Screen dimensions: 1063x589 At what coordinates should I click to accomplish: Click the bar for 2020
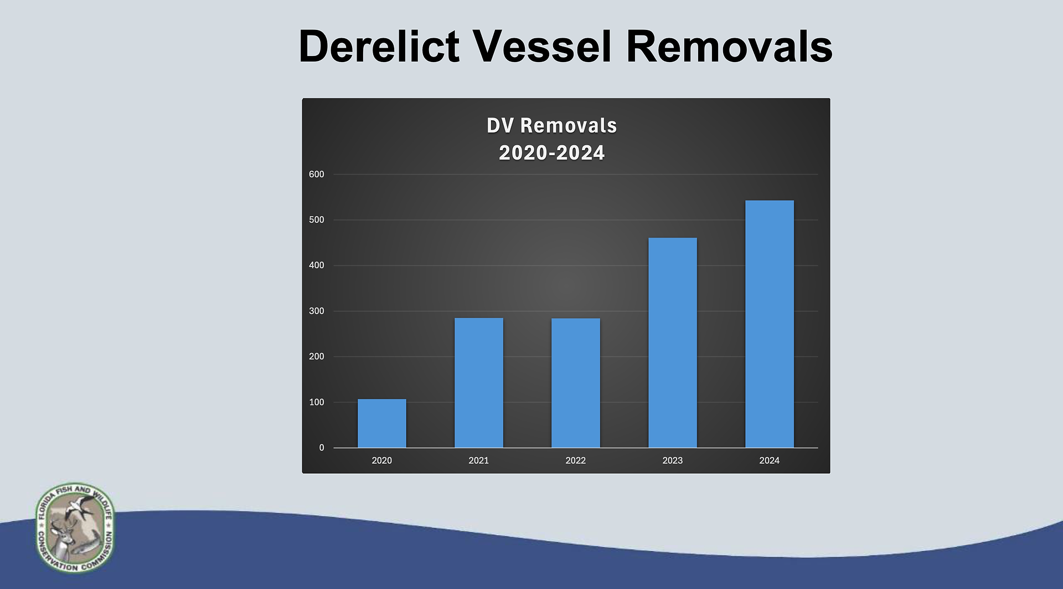pyautogui.click(x=382, y=423)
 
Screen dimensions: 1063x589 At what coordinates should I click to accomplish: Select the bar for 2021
pyautogui.click(x=479, y=383)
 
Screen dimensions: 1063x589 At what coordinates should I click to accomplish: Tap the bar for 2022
pyautogui.click(x=576, y=383)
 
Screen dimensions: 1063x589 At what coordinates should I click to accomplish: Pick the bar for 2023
pyautogui.click(x=673, y=342)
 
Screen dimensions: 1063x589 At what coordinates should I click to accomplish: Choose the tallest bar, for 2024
pyautogui.click(x=770, y=324)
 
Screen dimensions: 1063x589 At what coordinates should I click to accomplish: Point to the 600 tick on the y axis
pyautogui.click(x=317, y=175)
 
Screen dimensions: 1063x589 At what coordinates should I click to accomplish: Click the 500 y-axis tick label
pyautogui.click(x=317, y=220)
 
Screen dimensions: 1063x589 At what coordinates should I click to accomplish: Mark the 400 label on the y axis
pyautogui.click(x=317, y=265)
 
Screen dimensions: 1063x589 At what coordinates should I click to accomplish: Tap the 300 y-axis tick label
pyautogui.click(x=317, y=311)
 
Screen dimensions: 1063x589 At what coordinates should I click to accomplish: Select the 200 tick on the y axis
pyautogui.click(x=317, y=357)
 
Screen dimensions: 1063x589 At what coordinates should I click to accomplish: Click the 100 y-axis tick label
pyautogui.click(x=317, y=402)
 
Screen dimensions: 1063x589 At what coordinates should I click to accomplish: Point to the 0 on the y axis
pyautogui.click(x=322, y=448)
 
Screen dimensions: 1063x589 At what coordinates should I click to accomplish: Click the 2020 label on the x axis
pyautogui.click(x=382, y=460)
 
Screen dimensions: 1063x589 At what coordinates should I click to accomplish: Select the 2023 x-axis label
pyautogui.click(x=673, y=460)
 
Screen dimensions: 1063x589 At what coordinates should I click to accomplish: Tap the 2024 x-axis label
pyautogui.click(x=770, y=460)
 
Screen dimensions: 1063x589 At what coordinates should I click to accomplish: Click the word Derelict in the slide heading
pyautogui.click(x=379, y=46)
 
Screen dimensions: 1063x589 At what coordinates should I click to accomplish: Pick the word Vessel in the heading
pyautogui.click(x=542, y=46)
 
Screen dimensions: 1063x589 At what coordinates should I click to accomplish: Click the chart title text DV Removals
pyautogui.click(x=552, y=126)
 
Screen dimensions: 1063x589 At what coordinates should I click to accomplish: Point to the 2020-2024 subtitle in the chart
pyautogui.click(x=552, y=153)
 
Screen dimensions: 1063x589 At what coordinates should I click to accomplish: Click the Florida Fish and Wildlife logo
pyautogui.click(x=75, y=527)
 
